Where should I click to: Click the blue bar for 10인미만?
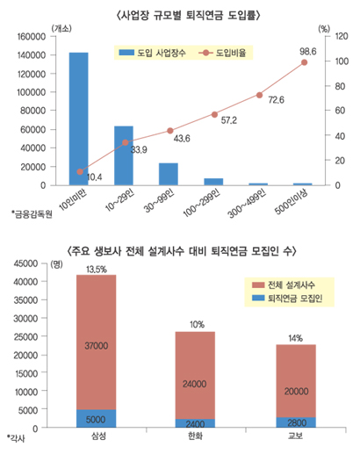point(79,119)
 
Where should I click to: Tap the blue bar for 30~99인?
point(169,174)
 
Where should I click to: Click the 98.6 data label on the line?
point(308,52)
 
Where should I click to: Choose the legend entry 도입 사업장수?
point(152,54)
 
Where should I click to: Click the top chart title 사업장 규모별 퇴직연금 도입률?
point(180,15)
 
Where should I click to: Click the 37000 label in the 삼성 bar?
point(96,346)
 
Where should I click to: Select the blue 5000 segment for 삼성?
point(96,419)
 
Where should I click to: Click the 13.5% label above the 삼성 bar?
point(97,268)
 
